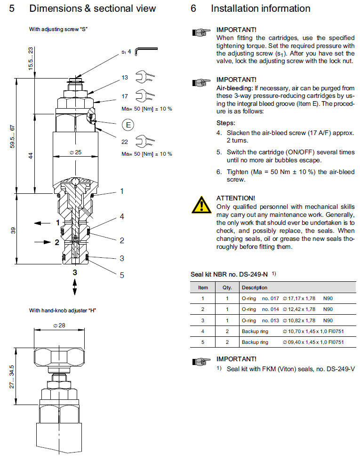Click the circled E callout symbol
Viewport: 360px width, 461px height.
tap(128, 125)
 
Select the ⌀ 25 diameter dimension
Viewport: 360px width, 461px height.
tap(75, 152)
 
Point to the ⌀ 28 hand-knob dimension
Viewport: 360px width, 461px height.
tap(60, 326)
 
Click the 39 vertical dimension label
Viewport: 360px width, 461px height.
tap(13, 230)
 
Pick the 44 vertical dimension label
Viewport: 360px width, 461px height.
tap(31, 156)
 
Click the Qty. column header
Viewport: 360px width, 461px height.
tap(221, 287)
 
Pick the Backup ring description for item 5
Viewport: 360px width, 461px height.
tap(255, 342)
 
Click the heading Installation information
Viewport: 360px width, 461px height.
tap(260, 8)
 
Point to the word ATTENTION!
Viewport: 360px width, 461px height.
tap(235, 198)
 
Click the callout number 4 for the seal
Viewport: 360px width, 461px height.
tap(121, 217)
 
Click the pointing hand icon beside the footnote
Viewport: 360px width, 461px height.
tap(201, 361)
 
